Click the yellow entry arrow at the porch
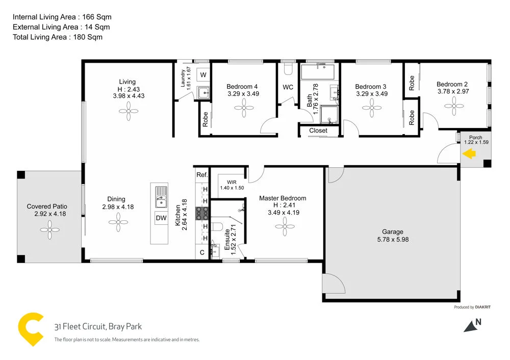pyautogui.click(x=469, y=153)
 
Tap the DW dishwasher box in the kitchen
pyautogui.click(x=161, y=218)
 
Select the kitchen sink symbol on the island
pyautogui.click(x=161, y=197)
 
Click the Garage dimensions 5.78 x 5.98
pyautogui.click(x=392, y=239)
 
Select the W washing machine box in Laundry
pyautogui.click(x=203, y=75)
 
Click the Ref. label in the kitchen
pyautogui.click(x=202, y=175)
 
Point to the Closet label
pyautogui.click(x=319, y=131)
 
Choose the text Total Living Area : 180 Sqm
pyautogui.click(x=57, y=37)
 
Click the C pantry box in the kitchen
pyautogui.click(x=202, y=252)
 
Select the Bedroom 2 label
pyautogui.click(x=452, y=85)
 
